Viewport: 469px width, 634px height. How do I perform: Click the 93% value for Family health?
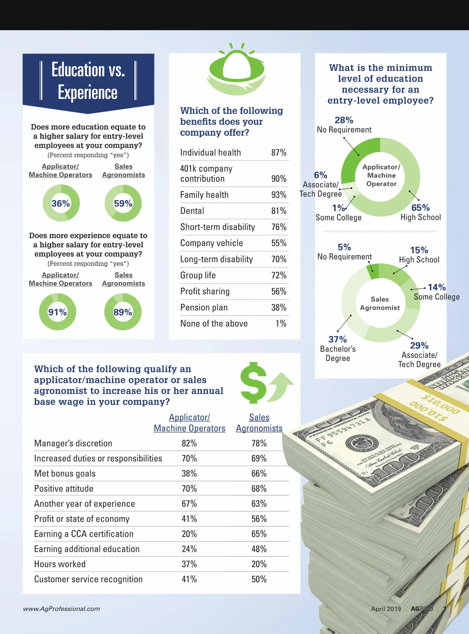point(279,195)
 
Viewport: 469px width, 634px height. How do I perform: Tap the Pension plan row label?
point(204,307)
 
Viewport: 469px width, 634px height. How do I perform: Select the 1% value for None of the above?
point(281,323)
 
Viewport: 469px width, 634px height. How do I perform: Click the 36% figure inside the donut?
point(61,203)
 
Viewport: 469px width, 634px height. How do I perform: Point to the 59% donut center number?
point(123,203)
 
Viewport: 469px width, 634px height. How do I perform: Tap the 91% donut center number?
point(57,312)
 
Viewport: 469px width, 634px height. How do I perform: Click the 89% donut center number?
point(123,312)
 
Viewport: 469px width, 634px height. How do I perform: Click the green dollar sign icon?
point(253,383)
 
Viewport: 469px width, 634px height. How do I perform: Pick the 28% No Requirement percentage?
point(344,120)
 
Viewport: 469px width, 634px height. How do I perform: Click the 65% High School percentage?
point(420,208)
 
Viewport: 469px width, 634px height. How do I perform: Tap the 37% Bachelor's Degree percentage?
point(338,339)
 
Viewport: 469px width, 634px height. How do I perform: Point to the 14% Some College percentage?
point(437,287)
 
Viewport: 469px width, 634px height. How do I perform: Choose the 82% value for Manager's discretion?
point(189,443)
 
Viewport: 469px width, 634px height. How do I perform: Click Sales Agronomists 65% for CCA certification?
point(259,534)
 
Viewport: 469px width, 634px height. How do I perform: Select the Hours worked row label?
point(60,564)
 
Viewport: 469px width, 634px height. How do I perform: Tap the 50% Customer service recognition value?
point(259,579)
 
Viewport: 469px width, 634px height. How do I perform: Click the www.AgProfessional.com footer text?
point(61,609)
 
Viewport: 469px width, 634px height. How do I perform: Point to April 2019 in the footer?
point(386,609)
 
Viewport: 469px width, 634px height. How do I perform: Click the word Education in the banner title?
point(78,70)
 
